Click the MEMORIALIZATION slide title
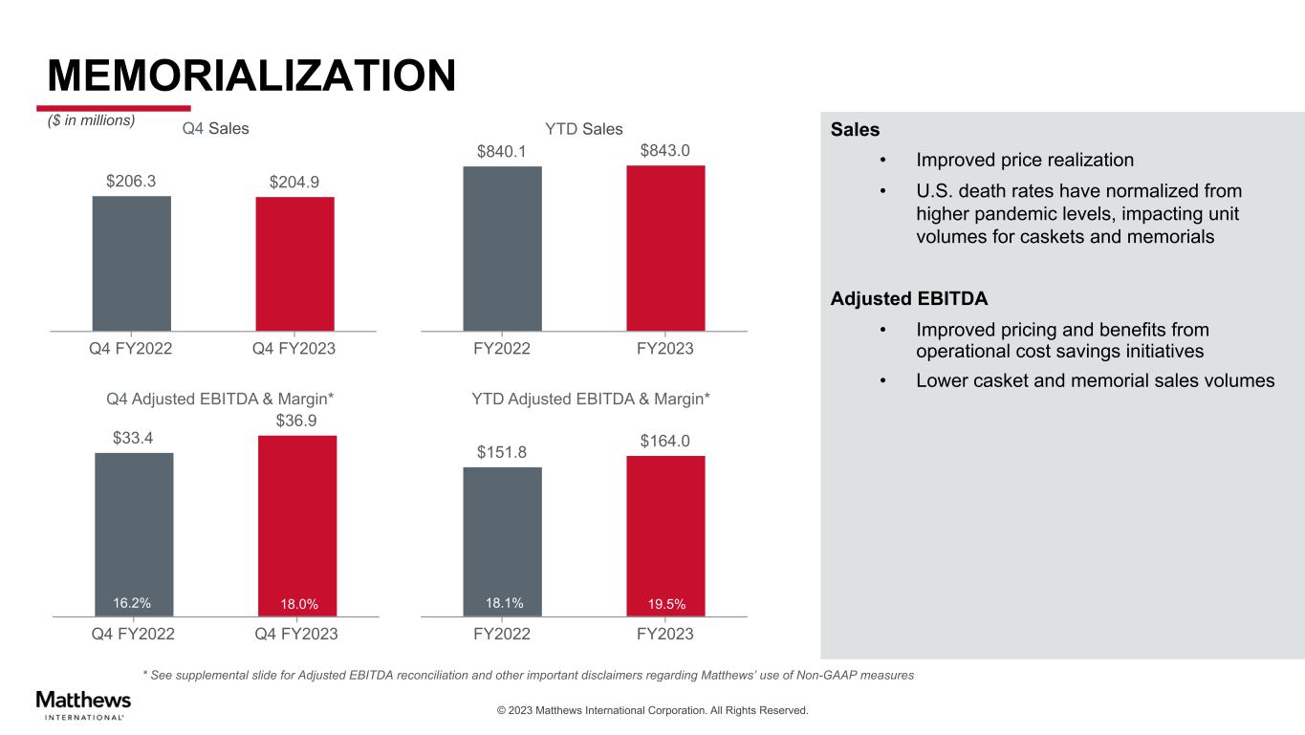point(251,75)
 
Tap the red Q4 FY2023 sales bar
point(294,263)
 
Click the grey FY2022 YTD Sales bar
point(502,248)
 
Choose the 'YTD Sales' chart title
point(584,129)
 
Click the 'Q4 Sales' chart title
point(215,129)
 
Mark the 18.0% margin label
point(299,604)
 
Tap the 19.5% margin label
point(666,604)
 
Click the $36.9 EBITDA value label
point(298,421)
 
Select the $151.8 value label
point(502,451)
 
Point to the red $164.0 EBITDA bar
point(665,535)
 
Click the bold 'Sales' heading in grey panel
point(855,129)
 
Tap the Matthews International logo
point(83,703)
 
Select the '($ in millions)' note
point(92,120)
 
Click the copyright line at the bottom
point(652,710)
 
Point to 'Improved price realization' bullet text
point(1025,160)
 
